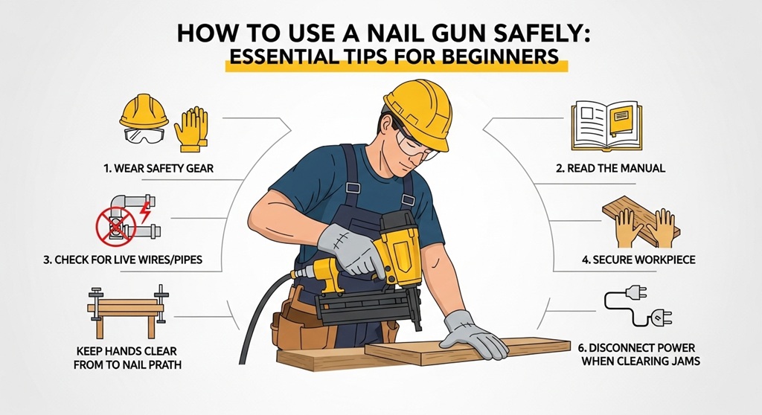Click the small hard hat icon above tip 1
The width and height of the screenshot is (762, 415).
144,110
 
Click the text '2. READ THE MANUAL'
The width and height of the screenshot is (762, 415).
610,169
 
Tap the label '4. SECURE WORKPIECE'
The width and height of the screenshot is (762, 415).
623,261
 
